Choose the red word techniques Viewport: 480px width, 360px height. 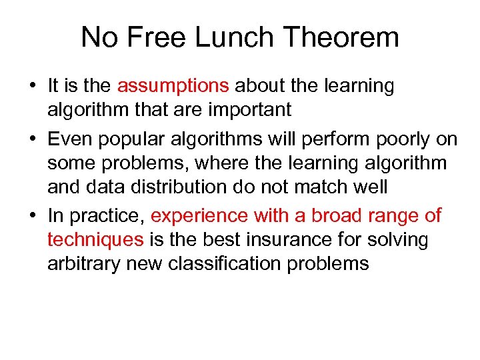click(x=95, y=239)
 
